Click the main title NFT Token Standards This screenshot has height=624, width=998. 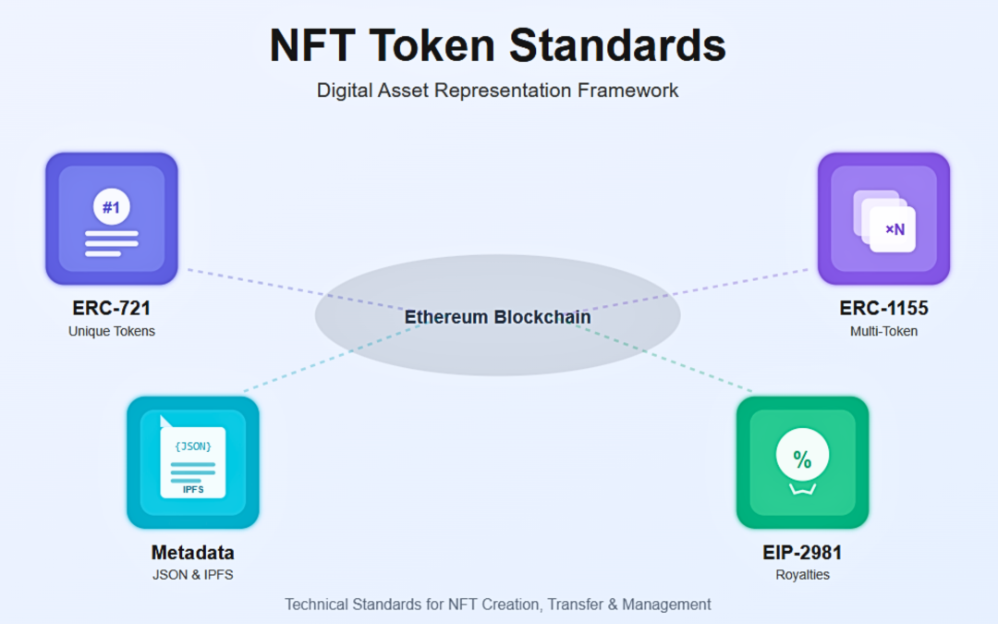(498, 45)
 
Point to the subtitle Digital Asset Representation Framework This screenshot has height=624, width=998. (498, 91)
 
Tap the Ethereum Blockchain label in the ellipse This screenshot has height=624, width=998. (498, 317)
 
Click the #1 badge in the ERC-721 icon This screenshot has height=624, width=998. (111, 208)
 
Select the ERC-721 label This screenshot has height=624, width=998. (111, 308)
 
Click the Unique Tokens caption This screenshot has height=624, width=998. (111, 331)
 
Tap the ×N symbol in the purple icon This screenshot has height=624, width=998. (895, 229)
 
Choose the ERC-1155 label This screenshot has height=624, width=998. (883, 308)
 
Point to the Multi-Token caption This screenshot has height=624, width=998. (883, 331)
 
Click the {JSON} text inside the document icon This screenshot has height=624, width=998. (192, 446)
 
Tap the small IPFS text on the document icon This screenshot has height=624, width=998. (192, 489)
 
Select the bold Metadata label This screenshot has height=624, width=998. (192, 553)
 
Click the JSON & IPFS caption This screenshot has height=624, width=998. (192, 575)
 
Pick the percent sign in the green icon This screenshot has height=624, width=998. (802, 459)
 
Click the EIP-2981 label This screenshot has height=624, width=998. (802, 553)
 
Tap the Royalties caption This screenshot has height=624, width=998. (802, 575)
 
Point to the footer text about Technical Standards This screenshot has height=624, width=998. (498, 605)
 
